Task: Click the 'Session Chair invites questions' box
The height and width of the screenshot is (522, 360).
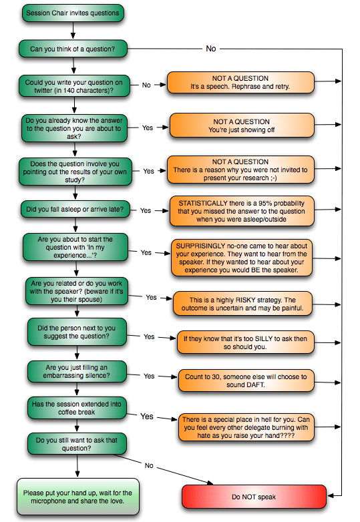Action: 73,13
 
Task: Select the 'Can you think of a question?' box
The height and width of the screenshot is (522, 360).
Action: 73,49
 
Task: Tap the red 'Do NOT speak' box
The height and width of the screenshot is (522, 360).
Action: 254,497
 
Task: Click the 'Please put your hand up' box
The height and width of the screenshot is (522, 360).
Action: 78,497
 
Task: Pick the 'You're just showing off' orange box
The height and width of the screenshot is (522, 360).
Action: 242,125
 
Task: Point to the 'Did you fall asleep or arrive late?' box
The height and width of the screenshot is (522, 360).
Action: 75,209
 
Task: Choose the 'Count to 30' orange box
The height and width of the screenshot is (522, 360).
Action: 246,380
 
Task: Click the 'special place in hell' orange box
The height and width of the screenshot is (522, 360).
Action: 246,427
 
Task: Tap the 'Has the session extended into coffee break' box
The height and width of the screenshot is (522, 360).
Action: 77,408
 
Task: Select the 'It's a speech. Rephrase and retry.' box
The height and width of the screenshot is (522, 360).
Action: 240,83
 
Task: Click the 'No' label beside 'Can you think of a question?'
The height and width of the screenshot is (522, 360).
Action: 211,49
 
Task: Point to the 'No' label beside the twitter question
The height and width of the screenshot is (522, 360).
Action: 146,85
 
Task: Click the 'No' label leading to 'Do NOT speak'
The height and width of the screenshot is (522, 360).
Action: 149,465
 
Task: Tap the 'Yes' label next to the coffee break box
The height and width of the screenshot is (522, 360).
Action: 147,417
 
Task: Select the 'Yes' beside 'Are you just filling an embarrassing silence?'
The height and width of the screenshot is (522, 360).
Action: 149,376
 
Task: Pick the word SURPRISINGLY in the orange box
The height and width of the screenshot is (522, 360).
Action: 200,246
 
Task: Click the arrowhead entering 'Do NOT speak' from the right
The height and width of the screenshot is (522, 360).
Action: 330,496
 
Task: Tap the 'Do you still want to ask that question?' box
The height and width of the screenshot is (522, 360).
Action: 77,444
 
